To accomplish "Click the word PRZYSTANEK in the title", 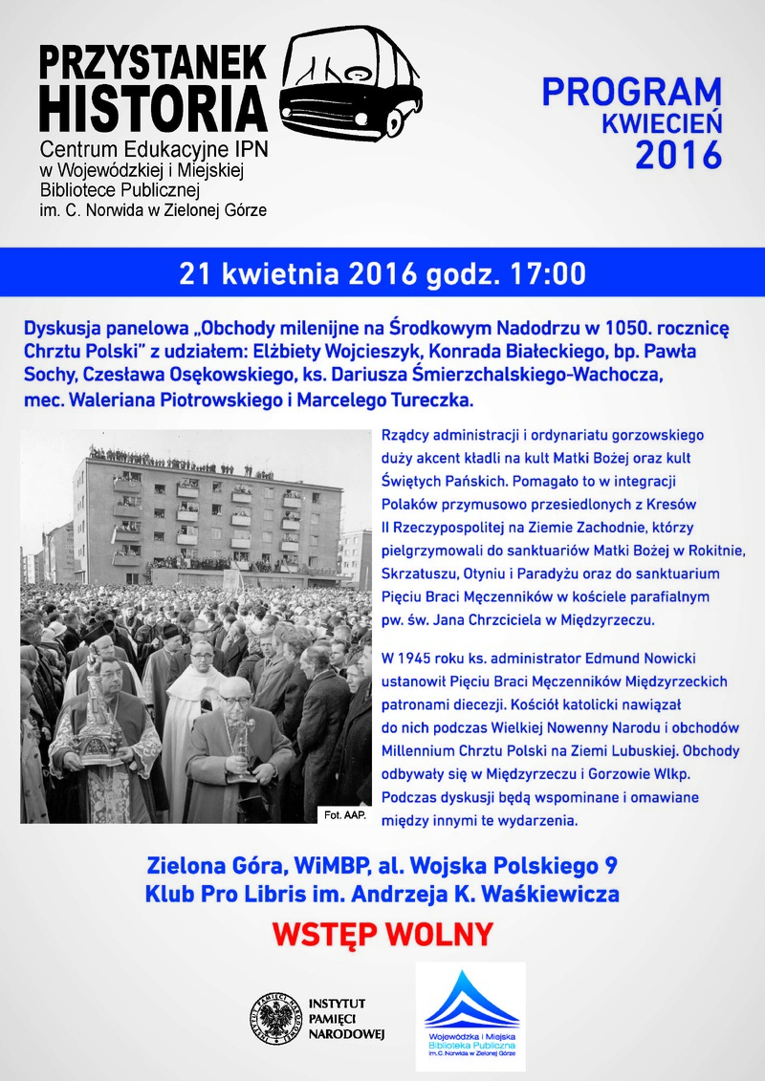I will (x=153, y=62).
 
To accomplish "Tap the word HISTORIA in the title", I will (x=153, y=107).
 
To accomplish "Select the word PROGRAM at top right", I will (x=632, y=93).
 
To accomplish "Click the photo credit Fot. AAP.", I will (x=341, y=814).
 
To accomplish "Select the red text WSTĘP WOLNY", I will (x=382, y=933).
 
